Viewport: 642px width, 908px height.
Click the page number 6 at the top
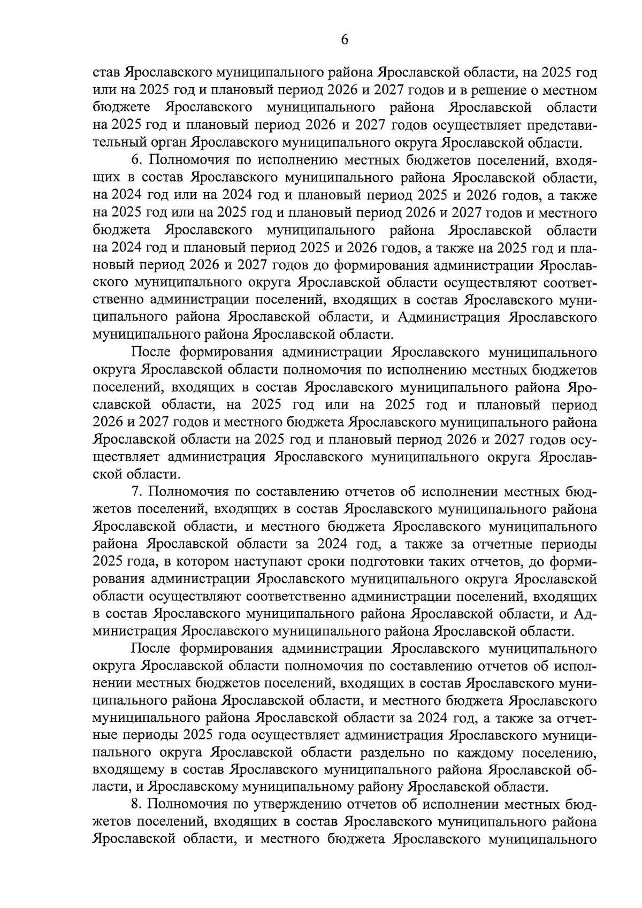coord(345,40)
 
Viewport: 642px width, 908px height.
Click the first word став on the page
coord(106,73)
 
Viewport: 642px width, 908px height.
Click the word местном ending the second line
coord(567,90)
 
